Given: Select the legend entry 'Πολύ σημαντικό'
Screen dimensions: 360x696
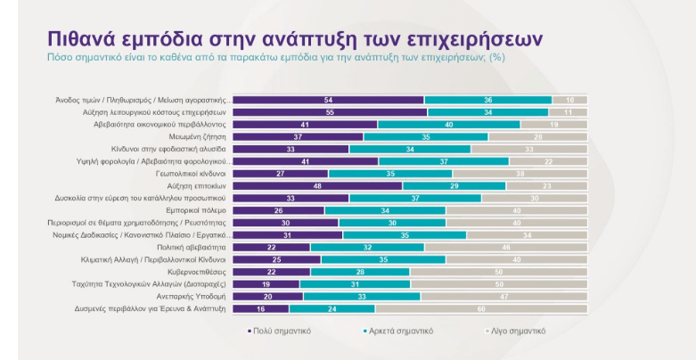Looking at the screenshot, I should click(x=280, y=330).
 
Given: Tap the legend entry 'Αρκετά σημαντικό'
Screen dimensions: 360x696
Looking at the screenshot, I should click(x=402, y=330).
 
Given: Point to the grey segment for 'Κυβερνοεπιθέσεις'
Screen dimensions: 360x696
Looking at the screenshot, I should click(x=498, y=271).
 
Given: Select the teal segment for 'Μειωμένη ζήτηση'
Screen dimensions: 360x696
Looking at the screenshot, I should click(x=426, y=137).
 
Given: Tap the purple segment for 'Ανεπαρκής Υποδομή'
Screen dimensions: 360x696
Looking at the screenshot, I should click(x=268, y=295).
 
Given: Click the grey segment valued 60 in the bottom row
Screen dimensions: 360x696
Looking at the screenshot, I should click(x=481, y=307).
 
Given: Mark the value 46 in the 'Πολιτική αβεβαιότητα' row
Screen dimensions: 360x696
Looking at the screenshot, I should click(x=505, y=247).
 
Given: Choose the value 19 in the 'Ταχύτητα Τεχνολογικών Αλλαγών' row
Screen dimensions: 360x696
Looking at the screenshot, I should click(x=266, y=283).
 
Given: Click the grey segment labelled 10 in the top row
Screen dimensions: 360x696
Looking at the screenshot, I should click(x=569, y=101).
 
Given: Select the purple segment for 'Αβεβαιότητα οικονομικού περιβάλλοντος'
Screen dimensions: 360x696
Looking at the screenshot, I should click(x=306, y=125).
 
